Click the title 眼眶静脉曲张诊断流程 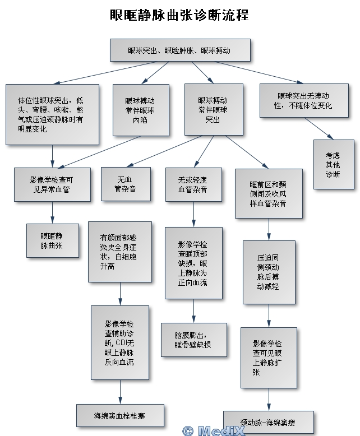click(x=179, y=15)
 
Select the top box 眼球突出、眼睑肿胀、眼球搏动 click(x=179, y=50)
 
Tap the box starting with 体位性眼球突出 click(x=52, y=114)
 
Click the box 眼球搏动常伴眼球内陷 click(x=140, y=110)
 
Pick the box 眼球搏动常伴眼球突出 click(x=213, y=110)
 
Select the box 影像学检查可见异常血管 click(x=52, y=184)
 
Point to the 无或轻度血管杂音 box click(x=193, y=184)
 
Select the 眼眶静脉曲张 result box click(x=52, y=240)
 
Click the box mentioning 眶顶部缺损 click(x=193, y=263)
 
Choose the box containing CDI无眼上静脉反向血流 click(x=120, y=342)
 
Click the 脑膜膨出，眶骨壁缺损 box click(x=193, y=340)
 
